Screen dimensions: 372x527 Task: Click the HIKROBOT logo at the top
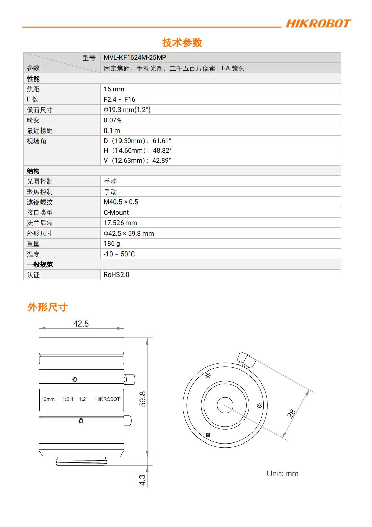point(318,24)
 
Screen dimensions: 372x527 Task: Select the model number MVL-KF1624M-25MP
point(135,58)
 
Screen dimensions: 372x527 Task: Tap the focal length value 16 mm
point(114,89)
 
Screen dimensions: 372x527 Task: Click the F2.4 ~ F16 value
point(119,99)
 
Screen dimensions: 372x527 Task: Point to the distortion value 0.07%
point(112,120)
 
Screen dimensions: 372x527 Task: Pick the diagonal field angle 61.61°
point(162,141)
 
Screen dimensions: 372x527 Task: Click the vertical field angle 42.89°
point(162,161)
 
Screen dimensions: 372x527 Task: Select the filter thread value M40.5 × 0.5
point(121,202)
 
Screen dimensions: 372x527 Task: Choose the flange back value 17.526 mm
point(120,223)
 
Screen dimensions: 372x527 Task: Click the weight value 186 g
point(112,244)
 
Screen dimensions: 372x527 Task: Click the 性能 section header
point(33,79)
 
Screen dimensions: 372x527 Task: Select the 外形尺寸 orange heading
point(48,307)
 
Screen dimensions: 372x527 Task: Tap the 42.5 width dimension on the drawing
point(81,324)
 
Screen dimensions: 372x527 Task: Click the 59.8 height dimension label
point(143,399)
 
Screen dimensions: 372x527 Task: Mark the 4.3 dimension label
point(142,480)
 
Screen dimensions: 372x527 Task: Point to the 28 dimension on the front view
point(291,414)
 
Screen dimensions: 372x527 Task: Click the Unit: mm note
point(283,474)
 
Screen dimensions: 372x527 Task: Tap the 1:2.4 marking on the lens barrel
point(68,399)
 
